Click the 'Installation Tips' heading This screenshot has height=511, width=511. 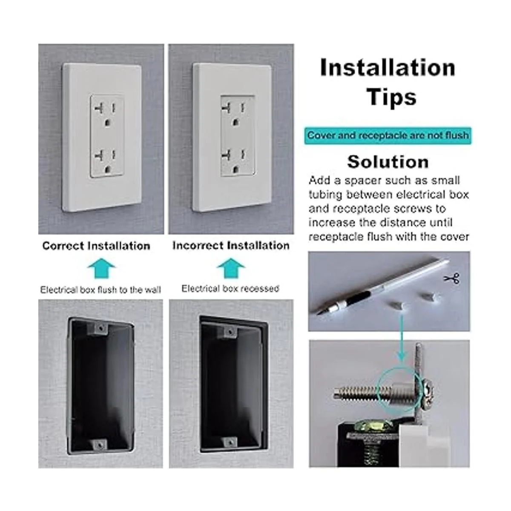pyautogui.click(x=388, y=82)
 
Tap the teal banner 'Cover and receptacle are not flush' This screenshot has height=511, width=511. pyautogui.click(x=388, y=136)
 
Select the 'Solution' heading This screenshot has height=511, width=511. pyautogui.click(x=388, y=162)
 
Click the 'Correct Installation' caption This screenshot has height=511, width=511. pyautogui.click(x=96, y=246)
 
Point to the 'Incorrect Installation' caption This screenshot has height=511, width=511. pyautogui.click(x=231, y=246)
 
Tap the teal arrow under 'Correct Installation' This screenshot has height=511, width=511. pyautogui.click(x=102, y=268)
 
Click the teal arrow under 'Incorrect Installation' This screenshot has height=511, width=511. pyautogui.click(x=231, y=268)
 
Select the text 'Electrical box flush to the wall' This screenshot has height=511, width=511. pyautogui.click(x=100, y=290)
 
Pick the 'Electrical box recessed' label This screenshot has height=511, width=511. pyautogui.click(x=230, y=289)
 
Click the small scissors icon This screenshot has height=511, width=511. pyautogui.click(x=452, y=278)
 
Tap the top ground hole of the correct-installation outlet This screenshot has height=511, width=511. pyautogui.click(x=107, y=123)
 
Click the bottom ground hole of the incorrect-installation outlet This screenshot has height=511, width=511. pyautogui.click(x=235, y=170)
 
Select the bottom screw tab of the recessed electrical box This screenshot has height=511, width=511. pyautogui.click(x=230, y=442)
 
